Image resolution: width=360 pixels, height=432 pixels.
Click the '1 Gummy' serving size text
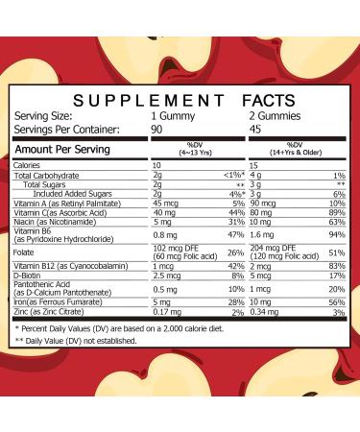click(x=200, y=114)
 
